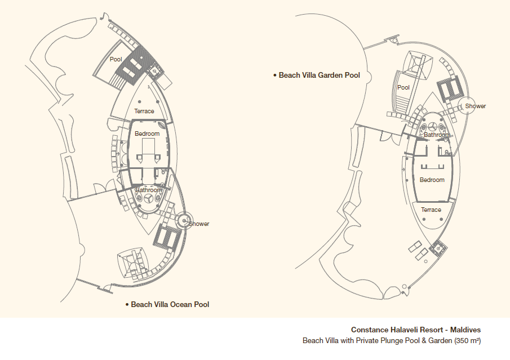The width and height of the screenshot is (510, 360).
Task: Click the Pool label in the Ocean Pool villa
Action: [x=116, y=59]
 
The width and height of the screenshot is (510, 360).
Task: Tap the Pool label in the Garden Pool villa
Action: [x=403, y=87]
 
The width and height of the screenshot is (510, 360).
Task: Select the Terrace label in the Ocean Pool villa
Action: [x=144, y=111]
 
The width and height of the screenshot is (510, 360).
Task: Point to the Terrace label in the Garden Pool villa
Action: [x=431, y=210]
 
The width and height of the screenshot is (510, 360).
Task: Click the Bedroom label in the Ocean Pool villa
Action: [x=147, y=134]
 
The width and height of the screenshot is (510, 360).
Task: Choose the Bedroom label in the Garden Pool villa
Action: [x=432, y=180]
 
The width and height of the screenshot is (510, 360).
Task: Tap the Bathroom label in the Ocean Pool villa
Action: [x=148, y=190]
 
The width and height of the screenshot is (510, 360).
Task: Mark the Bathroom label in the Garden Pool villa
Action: [x=437, y=135]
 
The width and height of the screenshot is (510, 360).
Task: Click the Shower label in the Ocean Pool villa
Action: [x=199, y=224]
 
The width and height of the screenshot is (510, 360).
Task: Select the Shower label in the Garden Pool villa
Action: [x=475, y=106]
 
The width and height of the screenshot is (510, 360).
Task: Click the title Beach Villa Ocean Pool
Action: [x=170, y=304]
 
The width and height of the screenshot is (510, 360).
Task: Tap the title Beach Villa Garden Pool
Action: [x=320, y=75]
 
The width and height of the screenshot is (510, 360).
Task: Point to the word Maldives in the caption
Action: [x=465, y=330]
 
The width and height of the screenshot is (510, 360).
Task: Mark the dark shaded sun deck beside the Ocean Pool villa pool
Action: [x=134, y=66]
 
